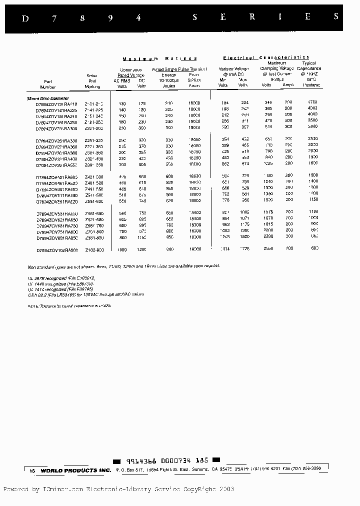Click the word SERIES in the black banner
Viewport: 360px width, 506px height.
265,17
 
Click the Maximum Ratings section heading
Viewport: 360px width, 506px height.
159,58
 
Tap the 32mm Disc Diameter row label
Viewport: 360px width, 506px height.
48,98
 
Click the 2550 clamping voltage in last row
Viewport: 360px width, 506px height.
268,248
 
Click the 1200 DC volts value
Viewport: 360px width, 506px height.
141,249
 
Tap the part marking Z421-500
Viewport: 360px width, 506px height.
94,177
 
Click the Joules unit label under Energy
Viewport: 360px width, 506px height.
169,85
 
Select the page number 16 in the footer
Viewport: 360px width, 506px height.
32,470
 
